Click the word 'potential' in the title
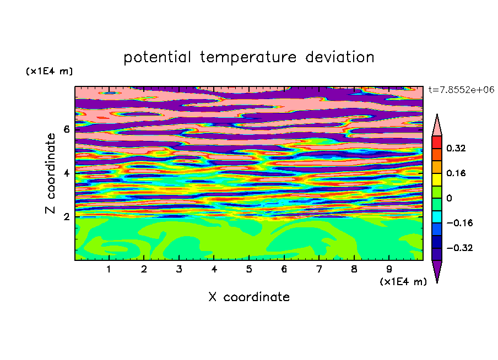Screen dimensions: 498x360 [157, 58]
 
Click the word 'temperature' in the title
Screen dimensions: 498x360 [248, 58]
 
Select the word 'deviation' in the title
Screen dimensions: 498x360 [339, 57]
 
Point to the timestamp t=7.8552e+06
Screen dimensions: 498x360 [461, 90]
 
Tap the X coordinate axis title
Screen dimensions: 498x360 [249, 297]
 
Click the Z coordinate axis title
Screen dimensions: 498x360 [51, 173]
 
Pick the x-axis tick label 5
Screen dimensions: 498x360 [248, 269]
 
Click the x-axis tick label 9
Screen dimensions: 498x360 [389, 269]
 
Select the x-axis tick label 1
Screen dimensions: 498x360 [109, 269]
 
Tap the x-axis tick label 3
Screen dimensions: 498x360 [179, 269]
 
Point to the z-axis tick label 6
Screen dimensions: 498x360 [66, 129]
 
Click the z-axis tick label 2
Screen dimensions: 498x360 [66, 217]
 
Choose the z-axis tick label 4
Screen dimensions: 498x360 [66, 173]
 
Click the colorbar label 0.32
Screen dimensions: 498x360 [456, 148]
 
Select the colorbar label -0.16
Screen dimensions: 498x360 [459, 223]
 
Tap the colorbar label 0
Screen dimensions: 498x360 [449, 198]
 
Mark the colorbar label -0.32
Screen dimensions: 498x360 [459, 248]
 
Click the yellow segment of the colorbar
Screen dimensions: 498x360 [437, 179]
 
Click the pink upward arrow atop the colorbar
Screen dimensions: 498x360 [437, 127]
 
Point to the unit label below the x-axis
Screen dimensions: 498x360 [403, 282]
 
